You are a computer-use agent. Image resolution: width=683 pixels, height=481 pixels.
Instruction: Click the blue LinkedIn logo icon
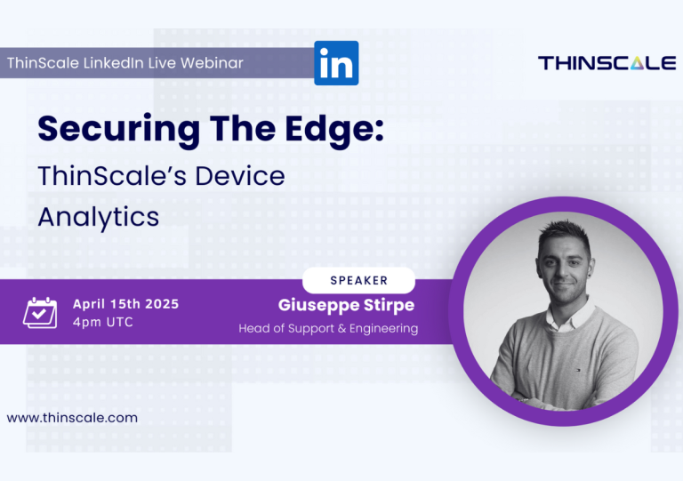pos(336,63)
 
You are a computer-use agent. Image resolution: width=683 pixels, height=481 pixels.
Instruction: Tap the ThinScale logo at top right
pos(607,63)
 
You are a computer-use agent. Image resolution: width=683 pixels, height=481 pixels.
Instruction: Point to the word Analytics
pos(99,217)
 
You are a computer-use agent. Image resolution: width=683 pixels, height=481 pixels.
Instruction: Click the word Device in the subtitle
pos(239,176)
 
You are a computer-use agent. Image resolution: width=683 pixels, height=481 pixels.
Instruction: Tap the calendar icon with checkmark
pos(40,313)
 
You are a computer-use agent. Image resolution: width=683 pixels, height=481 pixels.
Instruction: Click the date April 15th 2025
pos(126,304)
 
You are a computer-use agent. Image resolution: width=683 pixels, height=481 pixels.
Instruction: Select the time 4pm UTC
pos(103,322)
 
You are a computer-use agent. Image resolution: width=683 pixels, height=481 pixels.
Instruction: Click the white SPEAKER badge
pos(359,280)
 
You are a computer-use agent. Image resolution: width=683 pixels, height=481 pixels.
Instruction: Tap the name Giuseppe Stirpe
pos(346,305)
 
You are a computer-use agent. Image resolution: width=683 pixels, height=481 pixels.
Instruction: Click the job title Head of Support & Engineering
pos(328,328)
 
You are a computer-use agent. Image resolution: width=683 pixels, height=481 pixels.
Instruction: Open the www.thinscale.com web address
pos(72,418)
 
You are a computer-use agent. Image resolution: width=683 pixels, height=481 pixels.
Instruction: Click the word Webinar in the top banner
pos(213,63)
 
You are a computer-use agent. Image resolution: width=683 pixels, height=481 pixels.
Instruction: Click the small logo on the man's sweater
pos(579,370)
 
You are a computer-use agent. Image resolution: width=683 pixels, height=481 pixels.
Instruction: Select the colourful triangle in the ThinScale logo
pos(637,63)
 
